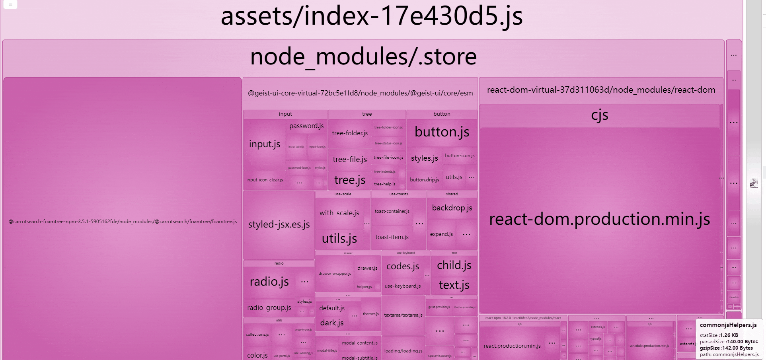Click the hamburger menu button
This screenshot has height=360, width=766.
point(10,4)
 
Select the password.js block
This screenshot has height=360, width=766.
point(306,126)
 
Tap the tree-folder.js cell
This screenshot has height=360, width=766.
point(350,133)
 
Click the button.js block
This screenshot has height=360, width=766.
point(442,132)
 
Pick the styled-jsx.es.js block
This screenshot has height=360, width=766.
point(279,225)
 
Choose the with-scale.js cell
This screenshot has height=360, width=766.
point(339,213)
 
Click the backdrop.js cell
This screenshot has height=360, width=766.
point(452,208)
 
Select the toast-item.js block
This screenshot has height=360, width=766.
point(392,237)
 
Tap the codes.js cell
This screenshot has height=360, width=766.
point(403,266)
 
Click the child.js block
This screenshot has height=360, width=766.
point(454,265)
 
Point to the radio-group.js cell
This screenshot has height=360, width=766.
point(269,307)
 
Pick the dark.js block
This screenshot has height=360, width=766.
point(332,323)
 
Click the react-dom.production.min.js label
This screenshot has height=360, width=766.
point(599,219)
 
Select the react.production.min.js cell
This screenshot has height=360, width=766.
point(512,346)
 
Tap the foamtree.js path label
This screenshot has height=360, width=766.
point(123,222)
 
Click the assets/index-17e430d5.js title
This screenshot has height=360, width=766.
point(372,17)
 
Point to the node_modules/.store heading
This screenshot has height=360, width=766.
point(363,56)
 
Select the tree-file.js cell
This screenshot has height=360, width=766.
point(350,160)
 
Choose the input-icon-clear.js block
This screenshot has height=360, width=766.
point(265,180)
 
